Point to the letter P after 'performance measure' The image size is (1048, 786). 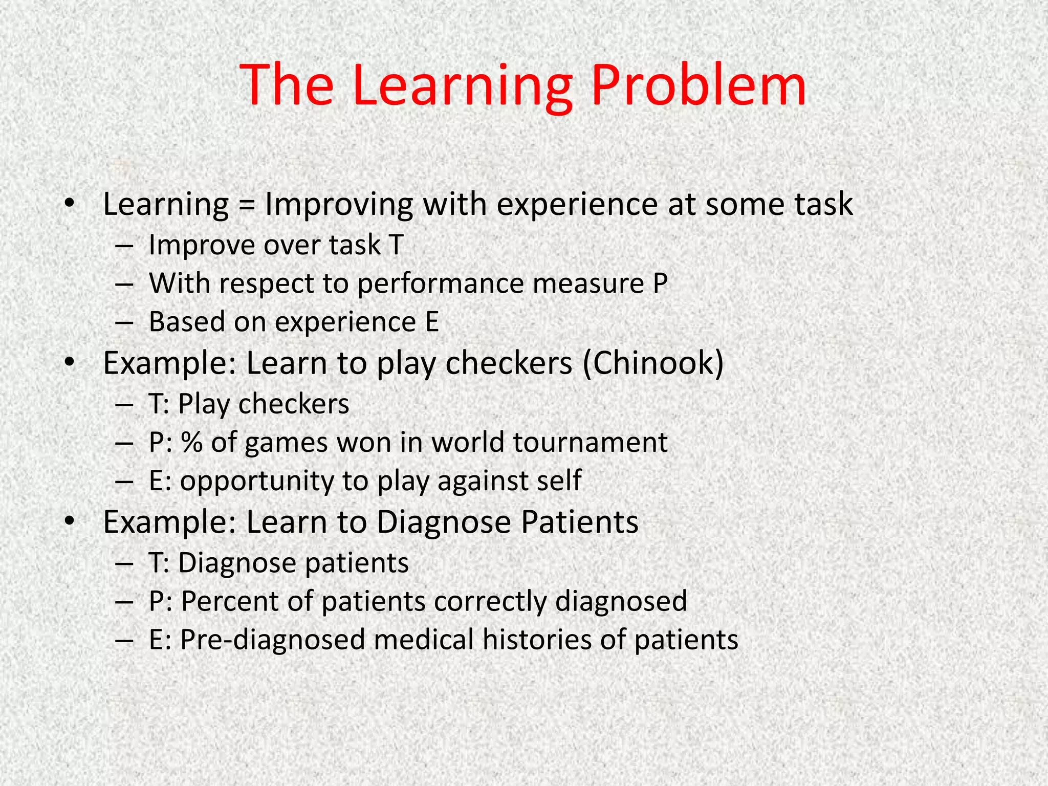[x=660, y=283]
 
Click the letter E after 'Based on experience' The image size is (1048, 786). [x=432, y=322]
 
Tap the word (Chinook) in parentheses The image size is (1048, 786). [x=653, y=363]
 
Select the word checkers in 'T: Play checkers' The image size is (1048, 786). [x=294, y=404]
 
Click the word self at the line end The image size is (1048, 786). [x=561, y=481]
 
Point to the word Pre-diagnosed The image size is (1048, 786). [x=272, y=640]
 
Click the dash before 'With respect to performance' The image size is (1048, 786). [x=124, y=284]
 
